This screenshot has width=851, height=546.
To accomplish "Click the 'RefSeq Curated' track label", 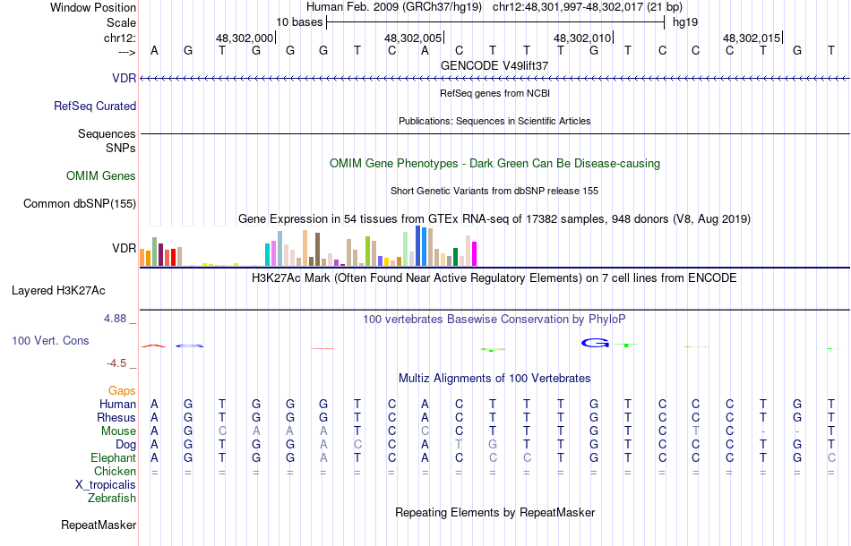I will [x=95, y=106].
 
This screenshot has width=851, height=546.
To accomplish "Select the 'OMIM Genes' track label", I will [x=101, y=175].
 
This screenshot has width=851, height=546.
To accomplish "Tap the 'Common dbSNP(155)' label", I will [x=80, y=203].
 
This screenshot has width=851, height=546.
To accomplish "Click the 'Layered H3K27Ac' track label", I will [x=71, y=290].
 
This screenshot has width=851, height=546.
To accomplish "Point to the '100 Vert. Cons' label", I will [x=50, y=341].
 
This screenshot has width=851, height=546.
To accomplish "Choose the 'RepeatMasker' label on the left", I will [x=99, y=525].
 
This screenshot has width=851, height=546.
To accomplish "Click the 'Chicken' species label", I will [x=116, y=471].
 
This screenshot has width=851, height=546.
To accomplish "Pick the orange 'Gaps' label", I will [x=122, y=390].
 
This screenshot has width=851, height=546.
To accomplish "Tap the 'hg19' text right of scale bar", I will [x=685, y=21].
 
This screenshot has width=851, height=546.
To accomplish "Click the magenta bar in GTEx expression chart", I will [x=474, y=253].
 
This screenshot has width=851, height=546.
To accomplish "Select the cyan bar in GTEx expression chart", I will [x=267, y=254].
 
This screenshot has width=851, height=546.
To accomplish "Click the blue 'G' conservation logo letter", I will [x=595, y=342].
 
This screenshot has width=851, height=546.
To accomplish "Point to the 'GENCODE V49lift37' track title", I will [x=494, y=65].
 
